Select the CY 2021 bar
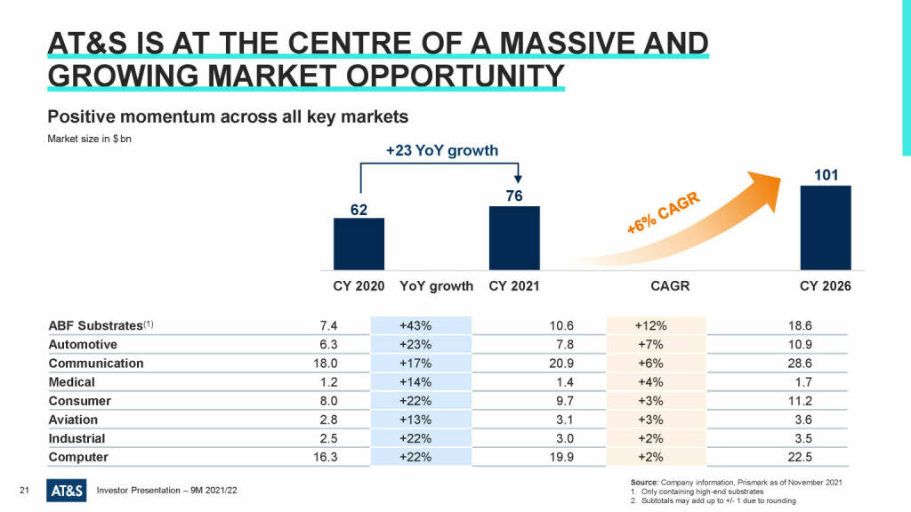tap(514, 238)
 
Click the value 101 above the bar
tap(826, 174)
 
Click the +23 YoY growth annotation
tap(442, 150)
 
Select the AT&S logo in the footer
tap(66, 490)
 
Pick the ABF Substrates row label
tap(95, 325)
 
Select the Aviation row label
tap(73, 420)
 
